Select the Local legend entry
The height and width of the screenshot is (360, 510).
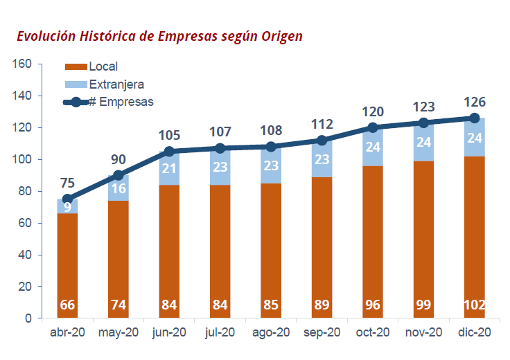(x=103, y=67)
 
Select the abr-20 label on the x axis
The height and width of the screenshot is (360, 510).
(x=67, y=333)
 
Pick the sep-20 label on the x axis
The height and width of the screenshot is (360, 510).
(x=322, y=333)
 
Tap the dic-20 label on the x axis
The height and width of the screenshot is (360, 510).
(x=475, y=333)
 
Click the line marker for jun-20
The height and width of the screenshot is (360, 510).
(x=169, y=152)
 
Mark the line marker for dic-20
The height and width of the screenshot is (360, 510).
(x=475, y=118)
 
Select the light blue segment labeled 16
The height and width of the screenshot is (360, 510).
(x=118, y=188)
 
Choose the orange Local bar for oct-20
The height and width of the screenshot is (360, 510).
(x=373, y=235)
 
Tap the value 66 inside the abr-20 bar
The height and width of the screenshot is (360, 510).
(x=67, y=305)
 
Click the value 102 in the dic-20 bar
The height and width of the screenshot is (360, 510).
(x=475, y=305)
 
